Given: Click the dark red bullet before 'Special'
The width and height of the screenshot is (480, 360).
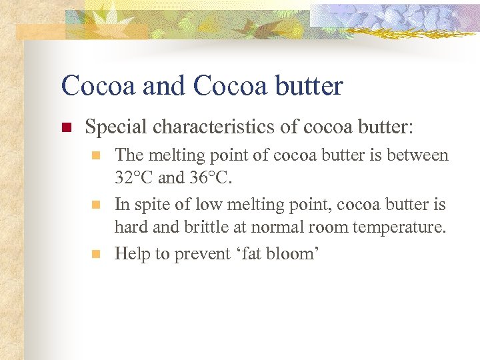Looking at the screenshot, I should coord(65,127).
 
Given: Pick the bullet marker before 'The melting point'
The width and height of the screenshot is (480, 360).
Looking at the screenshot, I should coord(97,156).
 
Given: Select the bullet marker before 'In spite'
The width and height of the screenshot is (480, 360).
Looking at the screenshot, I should coord(97,205).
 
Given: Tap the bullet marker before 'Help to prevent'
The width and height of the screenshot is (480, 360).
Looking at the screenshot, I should coord(97,254).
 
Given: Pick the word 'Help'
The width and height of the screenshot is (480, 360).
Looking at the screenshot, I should coord(130,253).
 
